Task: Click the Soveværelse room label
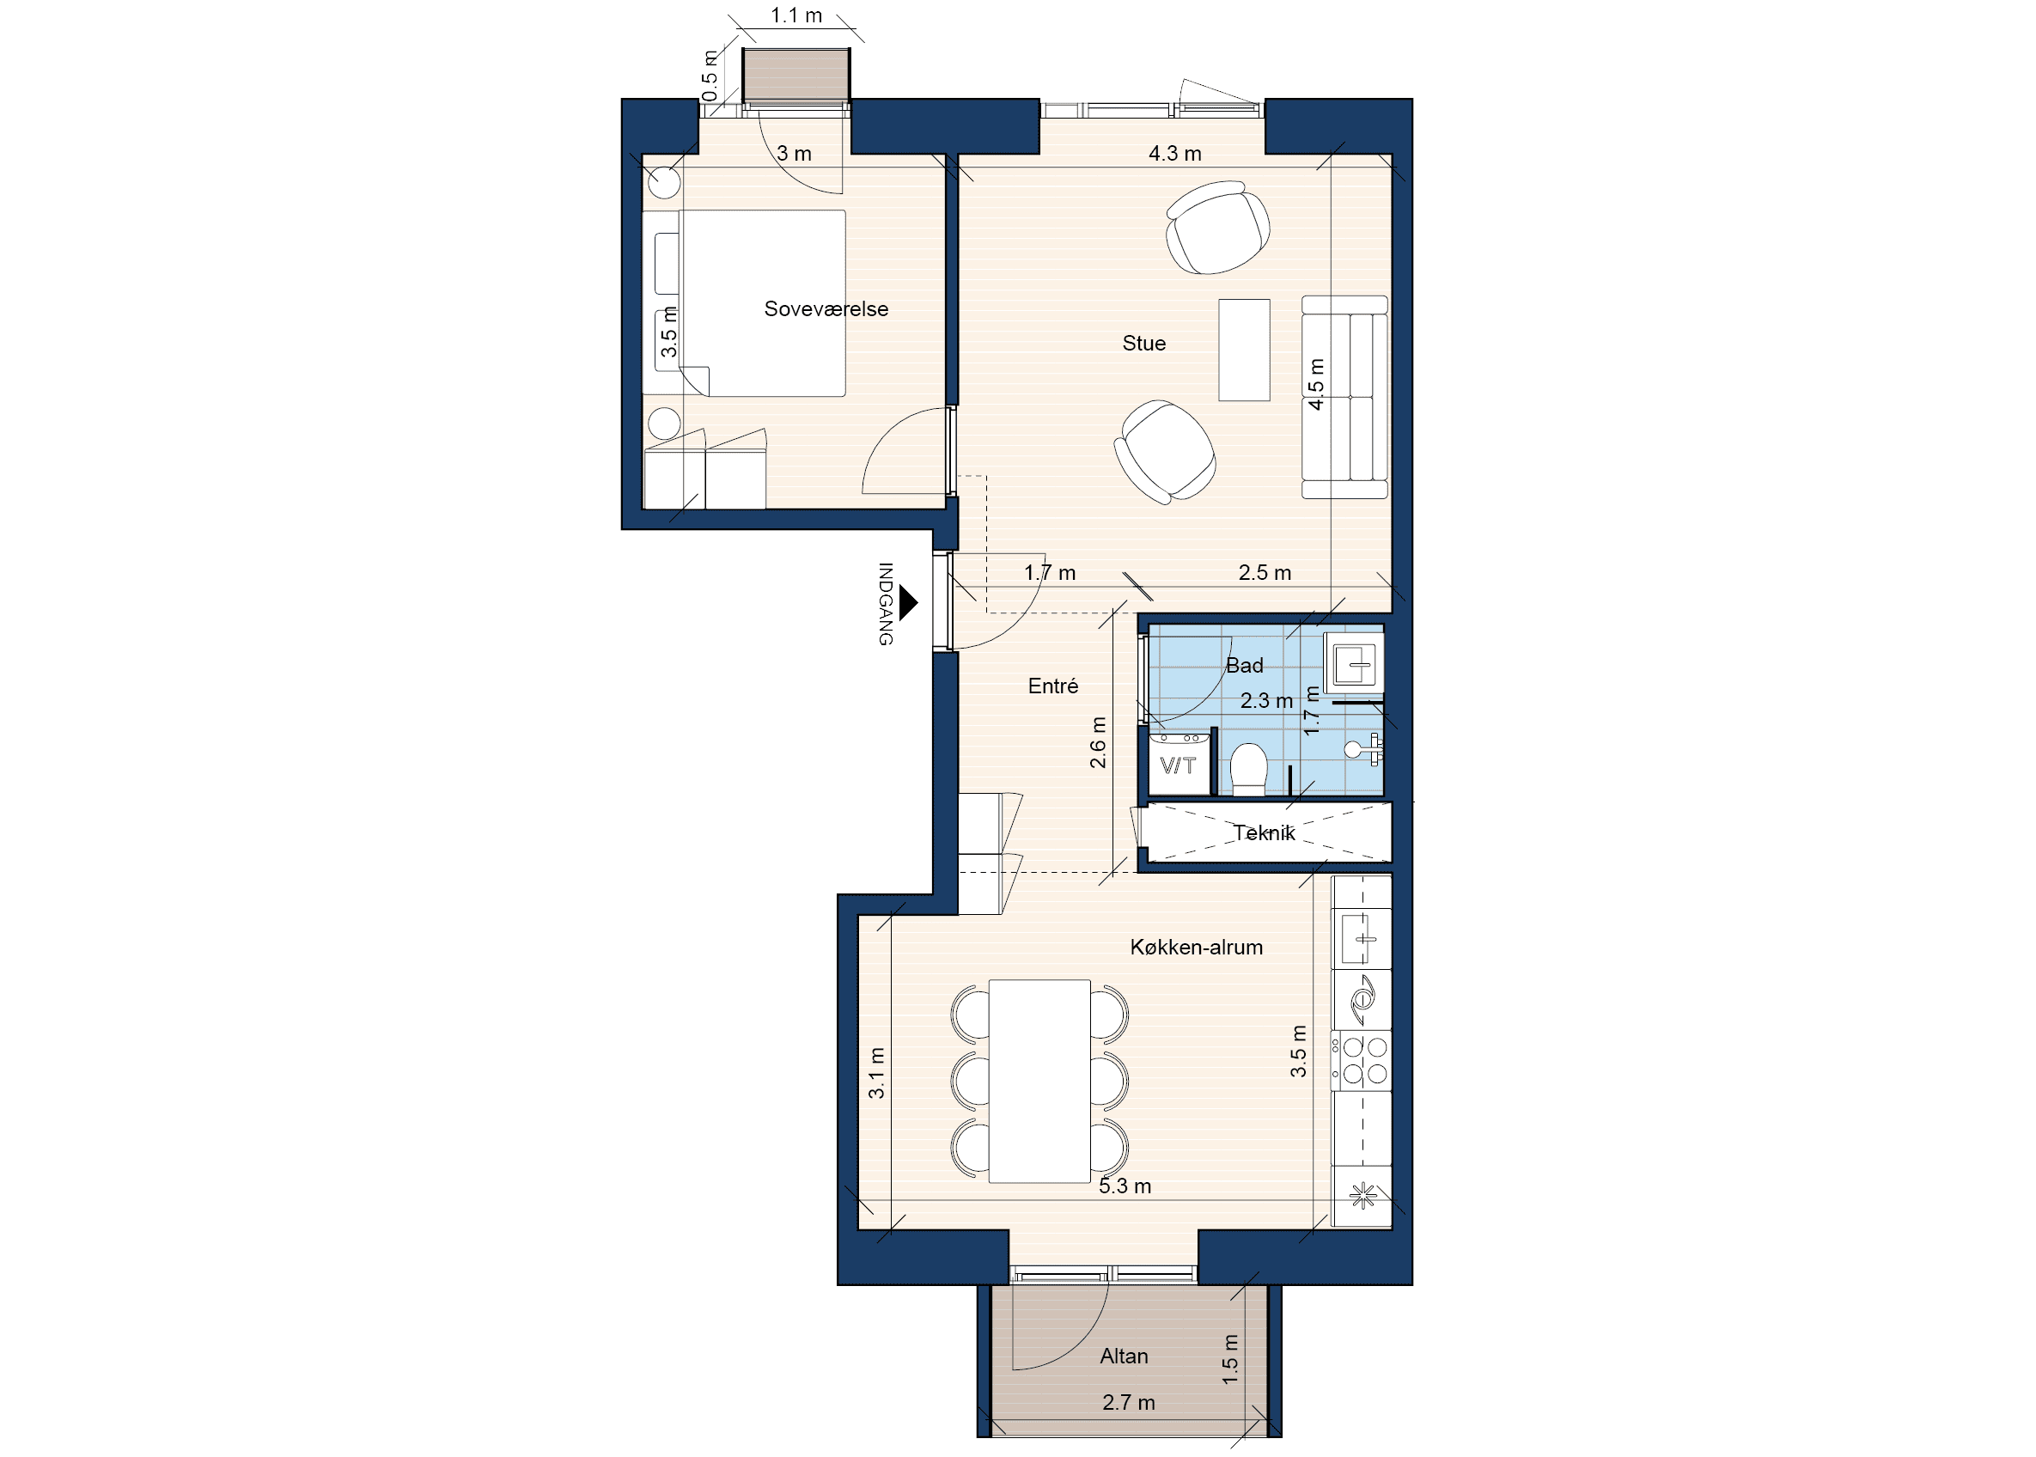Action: click(826, 308)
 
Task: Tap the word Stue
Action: click(1143, 343)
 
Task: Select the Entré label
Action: click(1053, 686)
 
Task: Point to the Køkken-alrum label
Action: click(1196, 947)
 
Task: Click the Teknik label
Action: click(1264, 832)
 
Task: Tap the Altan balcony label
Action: click(1124, 1356)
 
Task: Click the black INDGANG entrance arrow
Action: click(909, 603)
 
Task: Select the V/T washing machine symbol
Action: click(1179, 764)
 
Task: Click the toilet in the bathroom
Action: click(1247, 769)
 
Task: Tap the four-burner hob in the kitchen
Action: click(1362, 1059)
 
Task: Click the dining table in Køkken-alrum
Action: click(1039, 1081)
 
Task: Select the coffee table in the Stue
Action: click(1244, 350)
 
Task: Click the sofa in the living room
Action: click(1344, 398)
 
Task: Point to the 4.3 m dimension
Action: click(1175, 154)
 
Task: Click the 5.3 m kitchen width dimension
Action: click(1125, 1186)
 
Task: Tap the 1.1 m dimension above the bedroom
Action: click(796, 15)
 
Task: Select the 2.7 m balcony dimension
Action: click(1128, 1402)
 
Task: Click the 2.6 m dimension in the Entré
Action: click(1098, 742)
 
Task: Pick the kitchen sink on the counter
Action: click(1362, 938)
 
